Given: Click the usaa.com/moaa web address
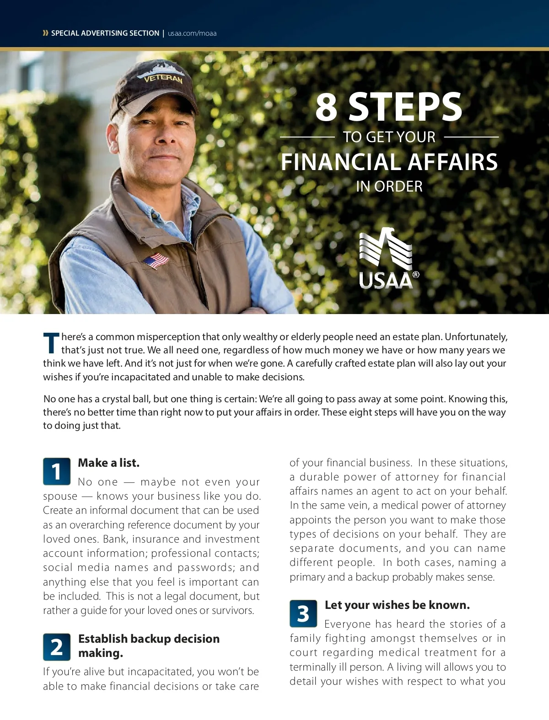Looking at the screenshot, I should (192, 33).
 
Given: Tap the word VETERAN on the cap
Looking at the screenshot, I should (163, 79).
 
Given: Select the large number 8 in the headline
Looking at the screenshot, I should (326, 107).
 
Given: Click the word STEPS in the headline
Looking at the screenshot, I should (405, 107).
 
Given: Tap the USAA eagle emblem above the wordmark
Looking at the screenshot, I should (385, 249).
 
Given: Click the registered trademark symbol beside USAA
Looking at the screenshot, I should (416, 275).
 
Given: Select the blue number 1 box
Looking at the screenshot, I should (57, 471).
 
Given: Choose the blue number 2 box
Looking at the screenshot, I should (57, 647).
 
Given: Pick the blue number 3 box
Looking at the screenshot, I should (303, 613).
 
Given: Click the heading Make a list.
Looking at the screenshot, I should (109, 463).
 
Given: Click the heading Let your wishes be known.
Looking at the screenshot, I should (397, 605).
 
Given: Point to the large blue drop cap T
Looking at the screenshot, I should (51, 343).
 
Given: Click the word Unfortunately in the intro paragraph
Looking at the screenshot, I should (476, 337).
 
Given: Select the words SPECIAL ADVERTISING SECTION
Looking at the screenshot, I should (105, 33).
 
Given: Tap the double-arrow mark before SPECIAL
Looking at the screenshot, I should (45, 33).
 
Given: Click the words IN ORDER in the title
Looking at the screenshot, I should (389, 187).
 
